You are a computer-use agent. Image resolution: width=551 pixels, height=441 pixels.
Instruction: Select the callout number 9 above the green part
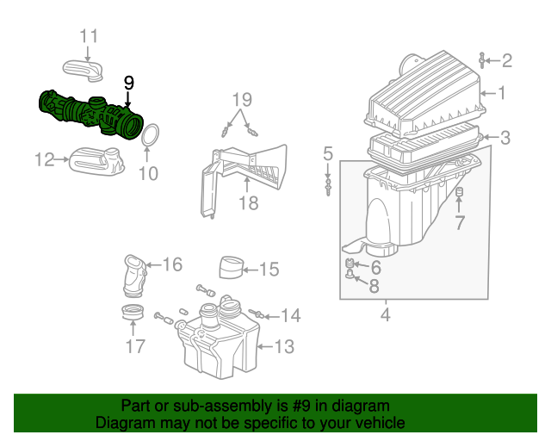[x=129, y=84]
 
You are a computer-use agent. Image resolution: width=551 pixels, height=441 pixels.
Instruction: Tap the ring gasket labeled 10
[x=151, y=134]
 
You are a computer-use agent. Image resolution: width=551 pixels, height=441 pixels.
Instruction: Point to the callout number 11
[x=89, y=36]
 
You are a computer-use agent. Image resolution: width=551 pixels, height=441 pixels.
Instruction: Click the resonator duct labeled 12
[x=96, y=161]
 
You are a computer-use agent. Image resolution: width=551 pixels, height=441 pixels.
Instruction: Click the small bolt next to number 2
[x=482, y=60]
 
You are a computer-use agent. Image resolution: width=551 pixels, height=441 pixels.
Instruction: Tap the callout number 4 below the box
[x=386, y=314]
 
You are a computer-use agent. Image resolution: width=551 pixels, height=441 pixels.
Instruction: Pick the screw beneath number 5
[x=328, y=187]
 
